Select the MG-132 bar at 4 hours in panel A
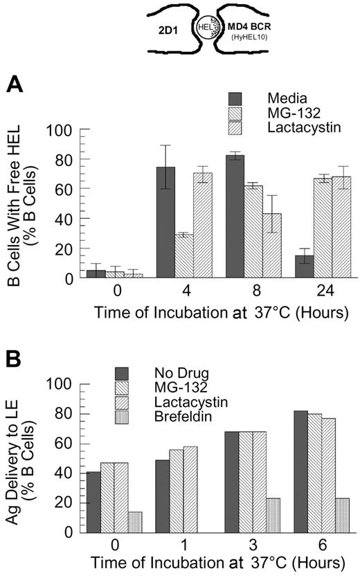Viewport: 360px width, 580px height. [184, 256]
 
